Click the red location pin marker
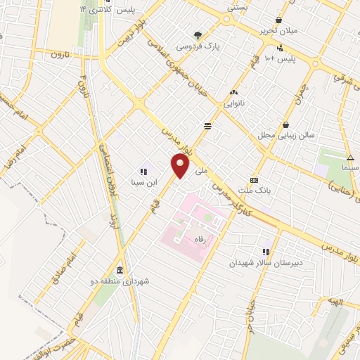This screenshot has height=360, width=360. [181, 166]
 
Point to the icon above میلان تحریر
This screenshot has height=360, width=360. [281, 20]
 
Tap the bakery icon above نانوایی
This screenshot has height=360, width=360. [233, 92]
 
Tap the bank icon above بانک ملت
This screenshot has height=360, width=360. [254, 179]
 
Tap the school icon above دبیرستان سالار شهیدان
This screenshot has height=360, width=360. [266, 251]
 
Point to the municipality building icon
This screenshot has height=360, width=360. [120, 270]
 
